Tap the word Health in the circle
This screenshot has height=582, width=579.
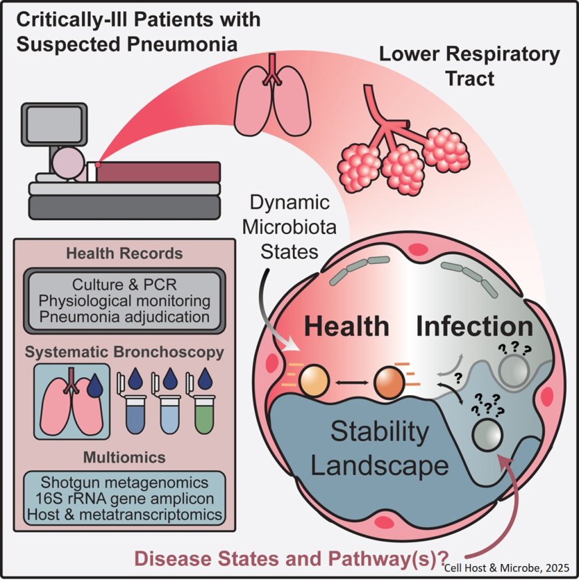[347, 327]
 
